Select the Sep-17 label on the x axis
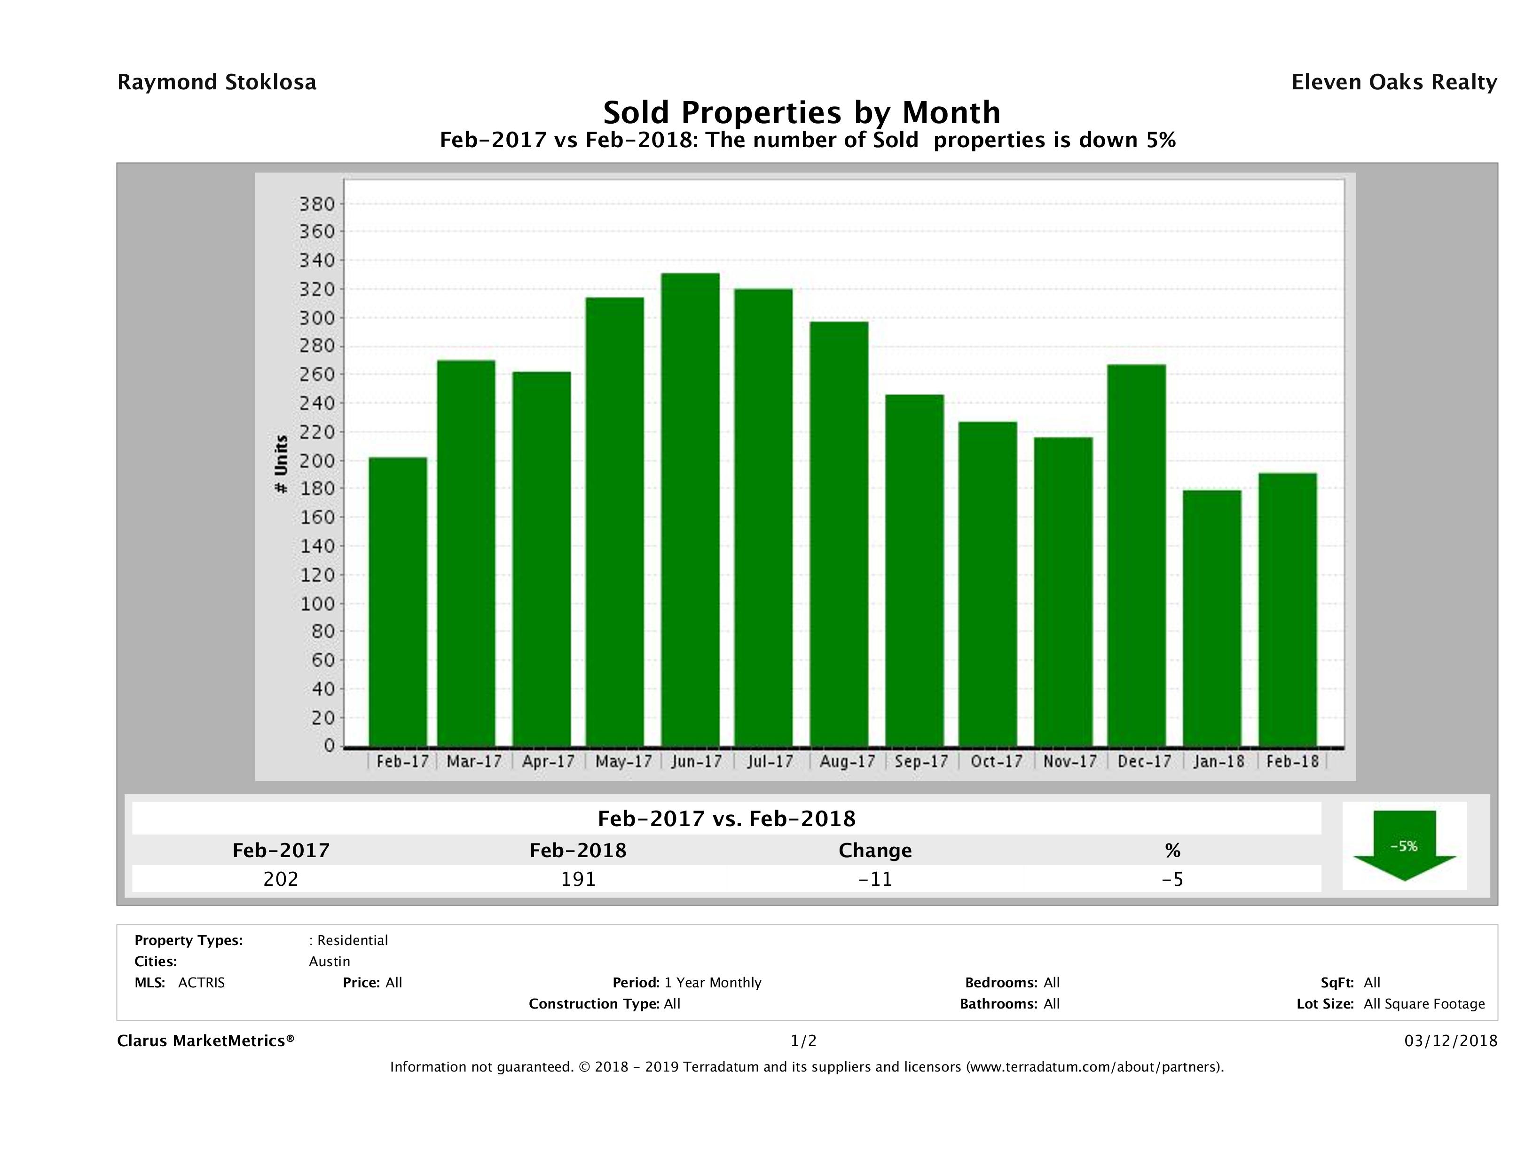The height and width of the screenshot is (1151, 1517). click(x=921, y=761)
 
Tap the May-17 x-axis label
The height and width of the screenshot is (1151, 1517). click(x=623, y=761)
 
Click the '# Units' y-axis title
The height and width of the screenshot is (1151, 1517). click(x=281, y=465)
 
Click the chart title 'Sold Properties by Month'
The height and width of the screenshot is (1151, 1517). click(x=801, y=112)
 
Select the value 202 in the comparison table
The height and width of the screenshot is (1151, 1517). click(x=281, y=879)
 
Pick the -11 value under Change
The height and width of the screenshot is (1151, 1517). click(x=875, y=879)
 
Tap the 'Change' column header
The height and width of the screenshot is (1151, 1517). click(x=875, y=851)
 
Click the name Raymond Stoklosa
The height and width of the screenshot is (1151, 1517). click(x=217, y=82)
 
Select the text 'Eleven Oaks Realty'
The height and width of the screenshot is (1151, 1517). click(x=1393, y=82)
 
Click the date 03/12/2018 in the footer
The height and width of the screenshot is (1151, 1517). click(x=1450, y=1041)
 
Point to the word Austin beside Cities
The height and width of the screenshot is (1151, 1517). click(x=329, y=962)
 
